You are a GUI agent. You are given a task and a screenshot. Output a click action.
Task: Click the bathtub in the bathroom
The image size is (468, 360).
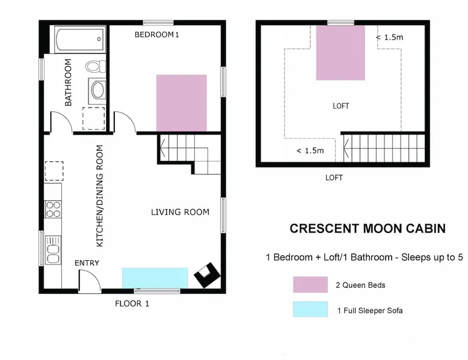pos(80,40)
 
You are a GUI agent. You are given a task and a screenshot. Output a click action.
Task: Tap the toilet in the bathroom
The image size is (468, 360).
pos(96,66)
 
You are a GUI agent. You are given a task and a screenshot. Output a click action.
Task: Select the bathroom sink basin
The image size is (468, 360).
pos(97,90)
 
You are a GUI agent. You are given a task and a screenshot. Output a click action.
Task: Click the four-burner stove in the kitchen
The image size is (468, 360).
pos(53,209)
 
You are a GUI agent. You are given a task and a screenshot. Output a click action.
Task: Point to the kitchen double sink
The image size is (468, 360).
pos(53,251)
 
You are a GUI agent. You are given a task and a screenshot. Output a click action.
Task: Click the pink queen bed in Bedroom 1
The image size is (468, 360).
pos(182,103)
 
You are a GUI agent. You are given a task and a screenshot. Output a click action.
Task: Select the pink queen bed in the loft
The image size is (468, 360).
pos(340,53)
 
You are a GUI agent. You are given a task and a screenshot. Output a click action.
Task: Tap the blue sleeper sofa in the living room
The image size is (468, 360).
pos(155,278)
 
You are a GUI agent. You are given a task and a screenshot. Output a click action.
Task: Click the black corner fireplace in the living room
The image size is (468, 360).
pos(207,275)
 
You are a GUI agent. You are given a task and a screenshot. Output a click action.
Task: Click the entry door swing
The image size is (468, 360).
pos(90,280)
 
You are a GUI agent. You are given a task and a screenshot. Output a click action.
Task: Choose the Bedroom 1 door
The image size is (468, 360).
pos(125,121)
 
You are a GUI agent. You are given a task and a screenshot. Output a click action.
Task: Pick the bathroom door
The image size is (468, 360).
pos(61,121)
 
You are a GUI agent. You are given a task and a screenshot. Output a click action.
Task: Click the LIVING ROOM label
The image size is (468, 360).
pos(180,212)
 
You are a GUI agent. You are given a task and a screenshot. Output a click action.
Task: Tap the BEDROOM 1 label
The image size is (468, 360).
pos(156,35)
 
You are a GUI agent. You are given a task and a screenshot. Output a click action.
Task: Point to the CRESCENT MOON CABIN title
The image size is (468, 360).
pos(368,228)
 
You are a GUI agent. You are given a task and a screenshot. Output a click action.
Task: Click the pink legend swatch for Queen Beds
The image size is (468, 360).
pos(310,284)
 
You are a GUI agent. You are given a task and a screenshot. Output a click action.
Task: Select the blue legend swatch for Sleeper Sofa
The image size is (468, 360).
pos(310,309)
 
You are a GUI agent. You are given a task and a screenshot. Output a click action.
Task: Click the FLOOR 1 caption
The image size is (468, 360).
pos(132,304)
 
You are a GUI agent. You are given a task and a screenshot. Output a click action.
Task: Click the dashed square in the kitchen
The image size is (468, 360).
pos(54,171)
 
